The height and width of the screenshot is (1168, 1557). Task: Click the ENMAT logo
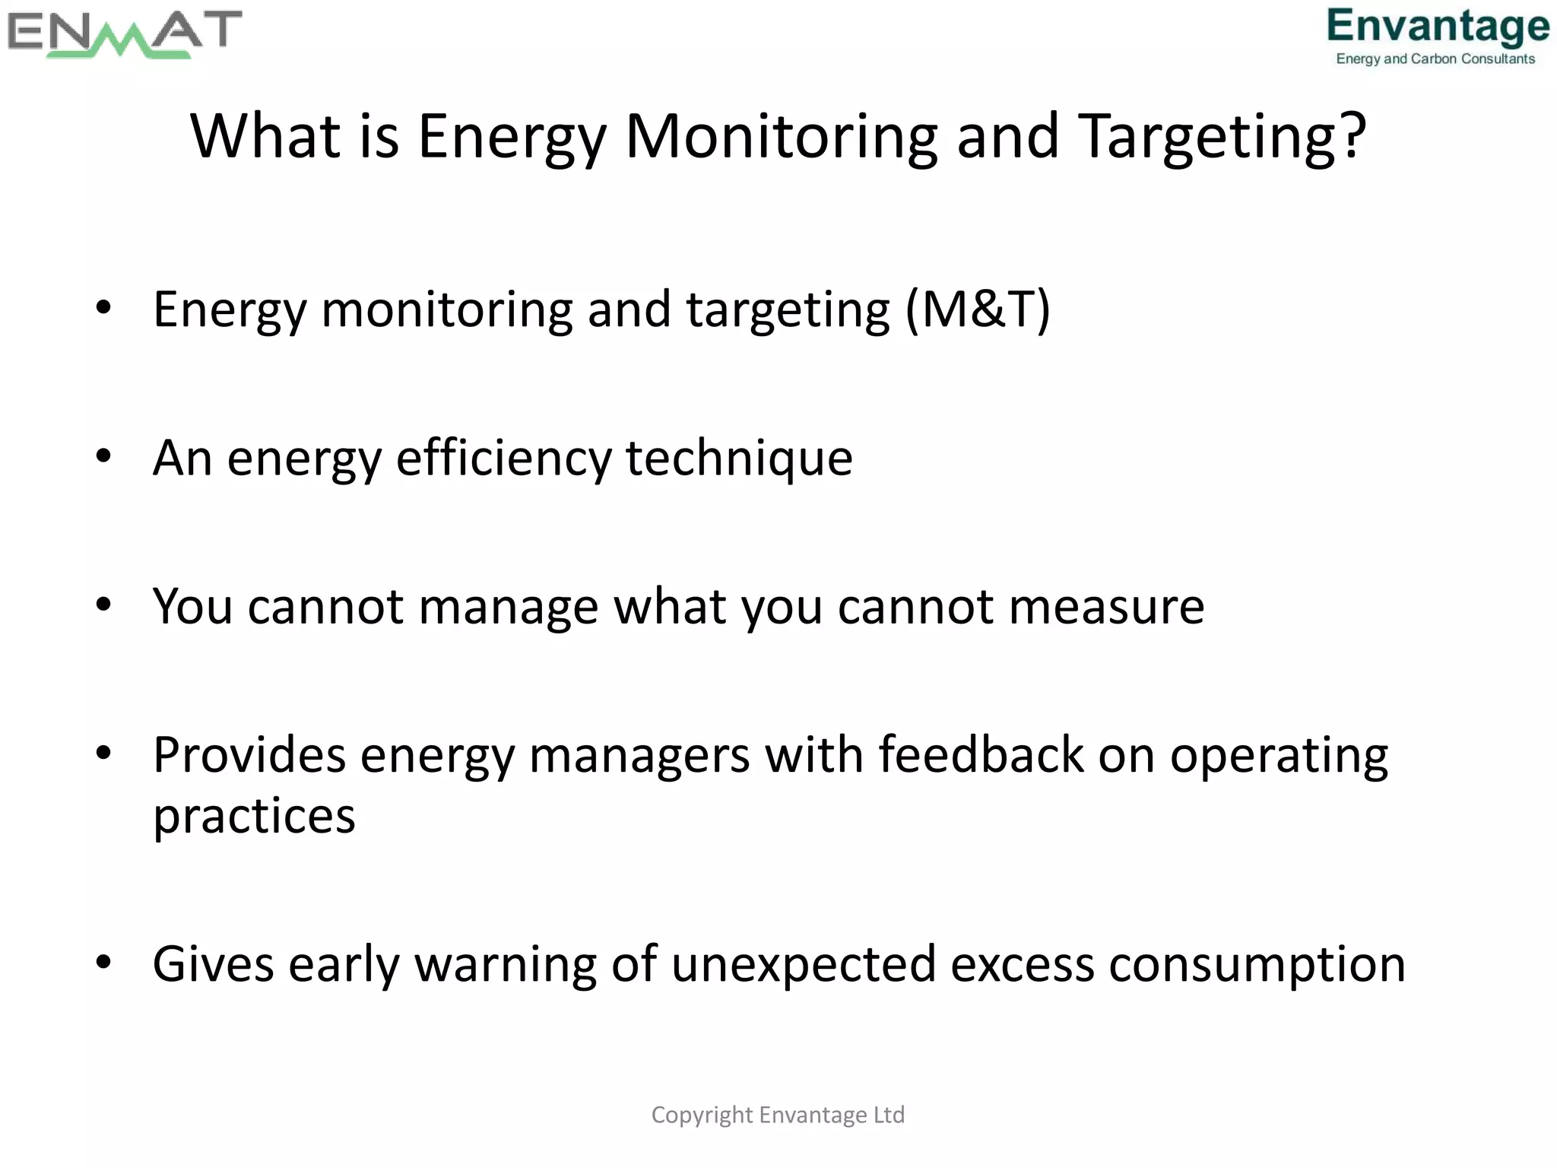[124, 34]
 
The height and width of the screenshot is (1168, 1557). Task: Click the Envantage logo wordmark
[1438, 27]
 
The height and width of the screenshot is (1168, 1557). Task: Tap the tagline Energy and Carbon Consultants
[1435, 59]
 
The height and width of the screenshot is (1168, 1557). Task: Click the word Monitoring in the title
[781, 137]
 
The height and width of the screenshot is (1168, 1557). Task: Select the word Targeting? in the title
[1222, 137]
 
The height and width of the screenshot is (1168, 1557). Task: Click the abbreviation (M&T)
[978, 309]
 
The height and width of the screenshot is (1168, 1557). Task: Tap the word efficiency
[503, 459]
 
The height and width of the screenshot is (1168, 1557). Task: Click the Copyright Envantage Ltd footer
[778, 1115]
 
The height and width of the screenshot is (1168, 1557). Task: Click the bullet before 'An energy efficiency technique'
[104, 456]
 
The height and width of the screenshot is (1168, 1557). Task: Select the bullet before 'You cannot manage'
[104, 605]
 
